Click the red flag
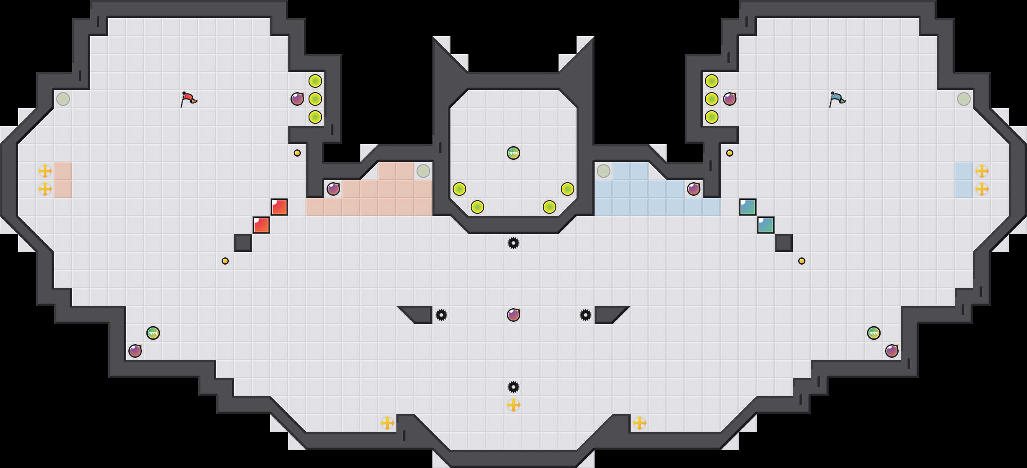click(188, 99)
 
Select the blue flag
click(837, 99)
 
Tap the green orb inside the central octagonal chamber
click(513, 153)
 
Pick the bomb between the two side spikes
click(513, 315)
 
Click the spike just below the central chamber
click(513, 243)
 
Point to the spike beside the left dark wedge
click(441, 315)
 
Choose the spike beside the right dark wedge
click(586, 315)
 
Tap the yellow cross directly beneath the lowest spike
click(513, 405)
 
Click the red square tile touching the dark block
click(261, 225)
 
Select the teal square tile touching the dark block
click(766, 225)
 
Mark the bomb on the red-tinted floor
click(333, 189)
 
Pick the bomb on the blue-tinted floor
click(694, 189)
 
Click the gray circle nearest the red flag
click(63, 99)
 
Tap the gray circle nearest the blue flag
click(964, 99)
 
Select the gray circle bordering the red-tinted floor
click(423, 171)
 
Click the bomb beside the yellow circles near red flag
click(297, 99)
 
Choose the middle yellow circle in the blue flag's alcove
click(712, 99)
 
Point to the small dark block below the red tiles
click(243, 243)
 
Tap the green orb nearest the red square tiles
click(153, 333)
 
